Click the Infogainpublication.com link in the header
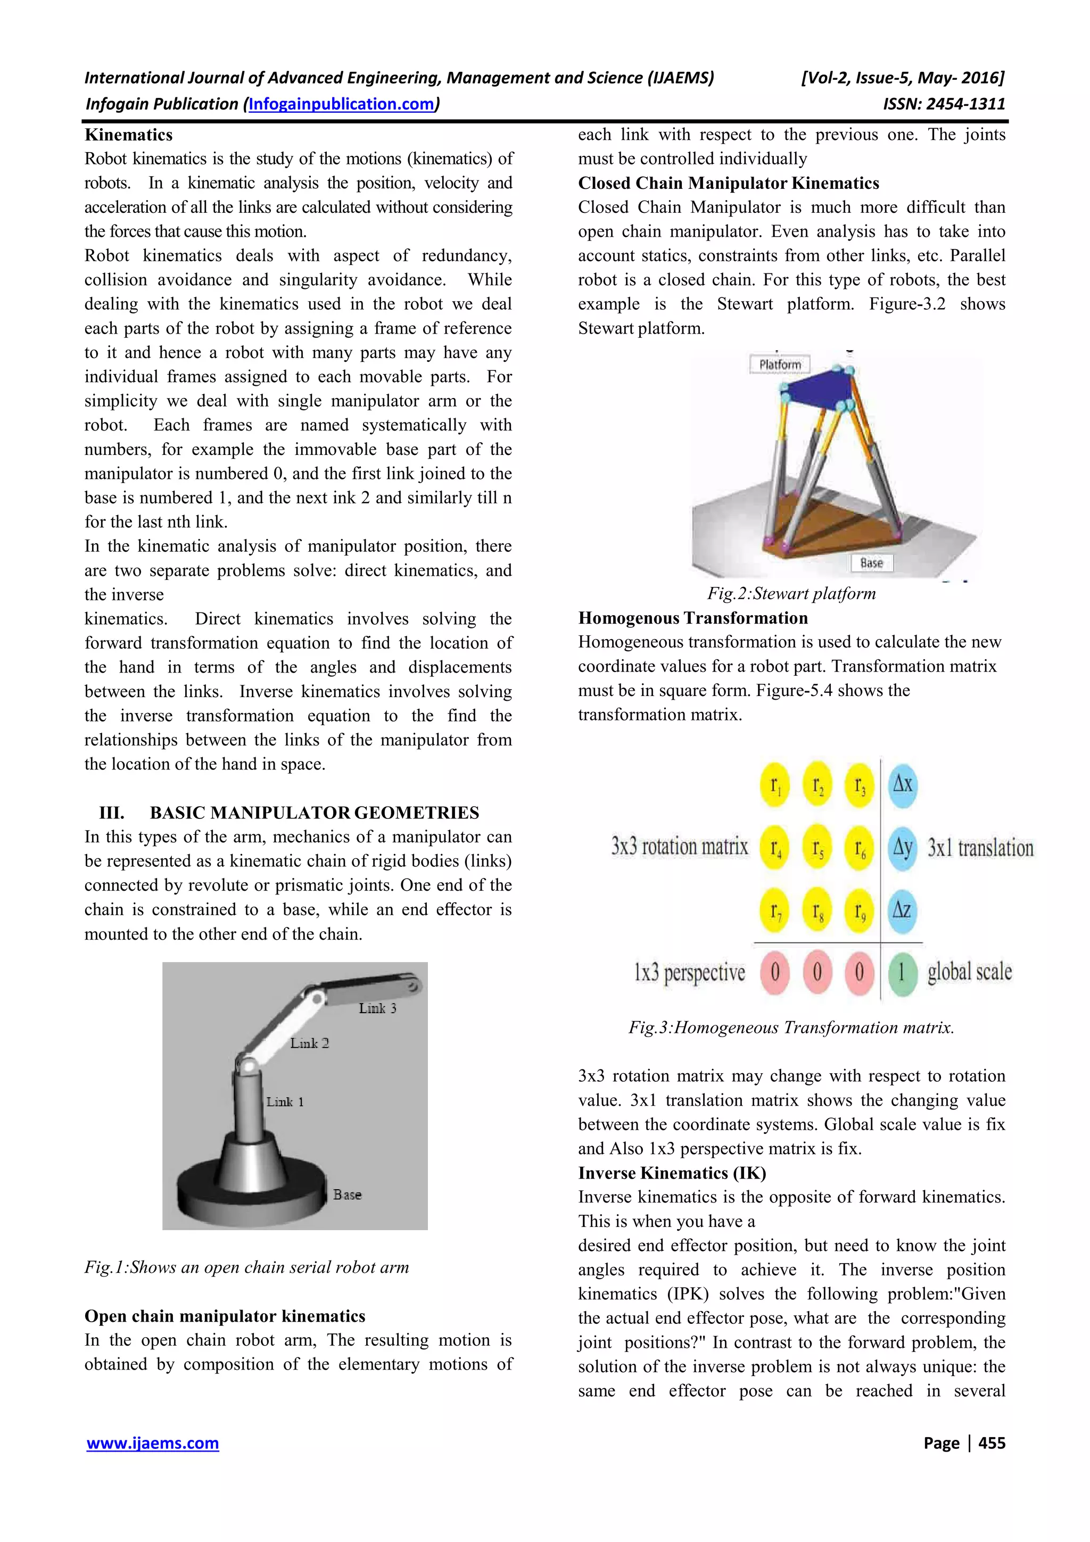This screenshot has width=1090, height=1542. click(x=341, y=104)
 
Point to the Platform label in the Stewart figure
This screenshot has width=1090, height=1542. click(x=780, y=364)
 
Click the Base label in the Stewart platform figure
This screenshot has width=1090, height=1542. click(x=871, y=563)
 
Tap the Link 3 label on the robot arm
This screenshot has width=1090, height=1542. click(x=377, y=1008)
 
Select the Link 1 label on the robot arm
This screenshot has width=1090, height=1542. click(x=285, y=1101)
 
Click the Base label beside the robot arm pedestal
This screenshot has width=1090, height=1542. click(x=347, y=1195)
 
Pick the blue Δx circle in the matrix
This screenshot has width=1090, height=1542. click(x=902, y=784)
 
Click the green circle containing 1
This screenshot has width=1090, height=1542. click(x=902, y=972)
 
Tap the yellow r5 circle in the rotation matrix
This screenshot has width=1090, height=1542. click(x=817, y=848)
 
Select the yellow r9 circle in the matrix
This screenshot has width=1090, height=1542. click(x=860, y=911)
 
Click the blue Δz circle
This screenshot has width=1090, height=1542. click(x=902, y=911)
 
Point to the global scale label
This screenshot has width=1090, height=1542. click(x=969, y=972)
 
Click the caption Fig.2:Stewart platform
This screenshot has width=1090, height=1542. click(x=791, y=594)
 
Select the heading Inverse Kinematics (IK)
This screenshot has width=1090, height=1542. click(x=672, y=1173)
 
